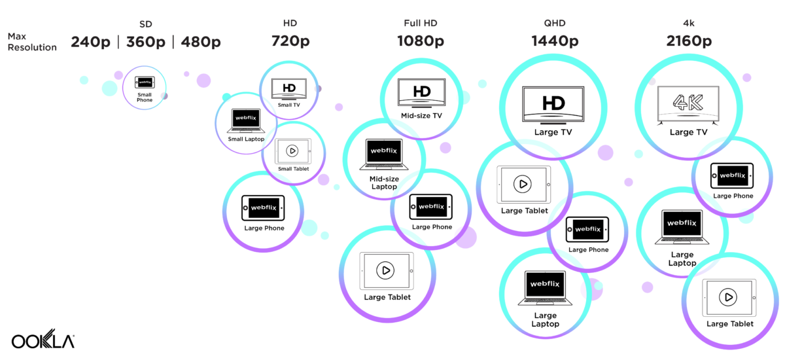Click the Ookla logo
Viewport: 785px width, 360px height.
click(x=43, y=341)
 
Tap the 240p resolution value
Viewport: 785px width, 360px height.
click(x=92, y=42)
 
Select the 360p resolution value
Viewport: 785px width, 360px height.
click(x=145, y=42)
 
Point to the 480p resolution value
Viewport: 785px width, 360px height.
click(x=199, y=42)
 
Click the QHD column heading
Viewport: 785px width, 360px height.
click(x=554, y=24)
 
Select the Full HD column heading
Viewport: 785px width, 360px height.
click(x=421, y=24)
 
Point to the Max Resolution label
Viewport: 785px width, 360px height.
click(x=31, y=42)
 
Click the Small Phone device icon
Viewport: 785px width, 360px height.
click(x=145, y=82)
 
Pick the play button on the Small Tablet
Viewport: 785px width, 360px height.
click(x=292, y=151)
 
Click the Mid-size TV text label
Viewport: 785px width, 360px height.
click(x=421, y=116)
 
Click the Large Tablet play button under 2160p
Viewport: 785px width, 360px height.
click(x=729, y=297)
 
